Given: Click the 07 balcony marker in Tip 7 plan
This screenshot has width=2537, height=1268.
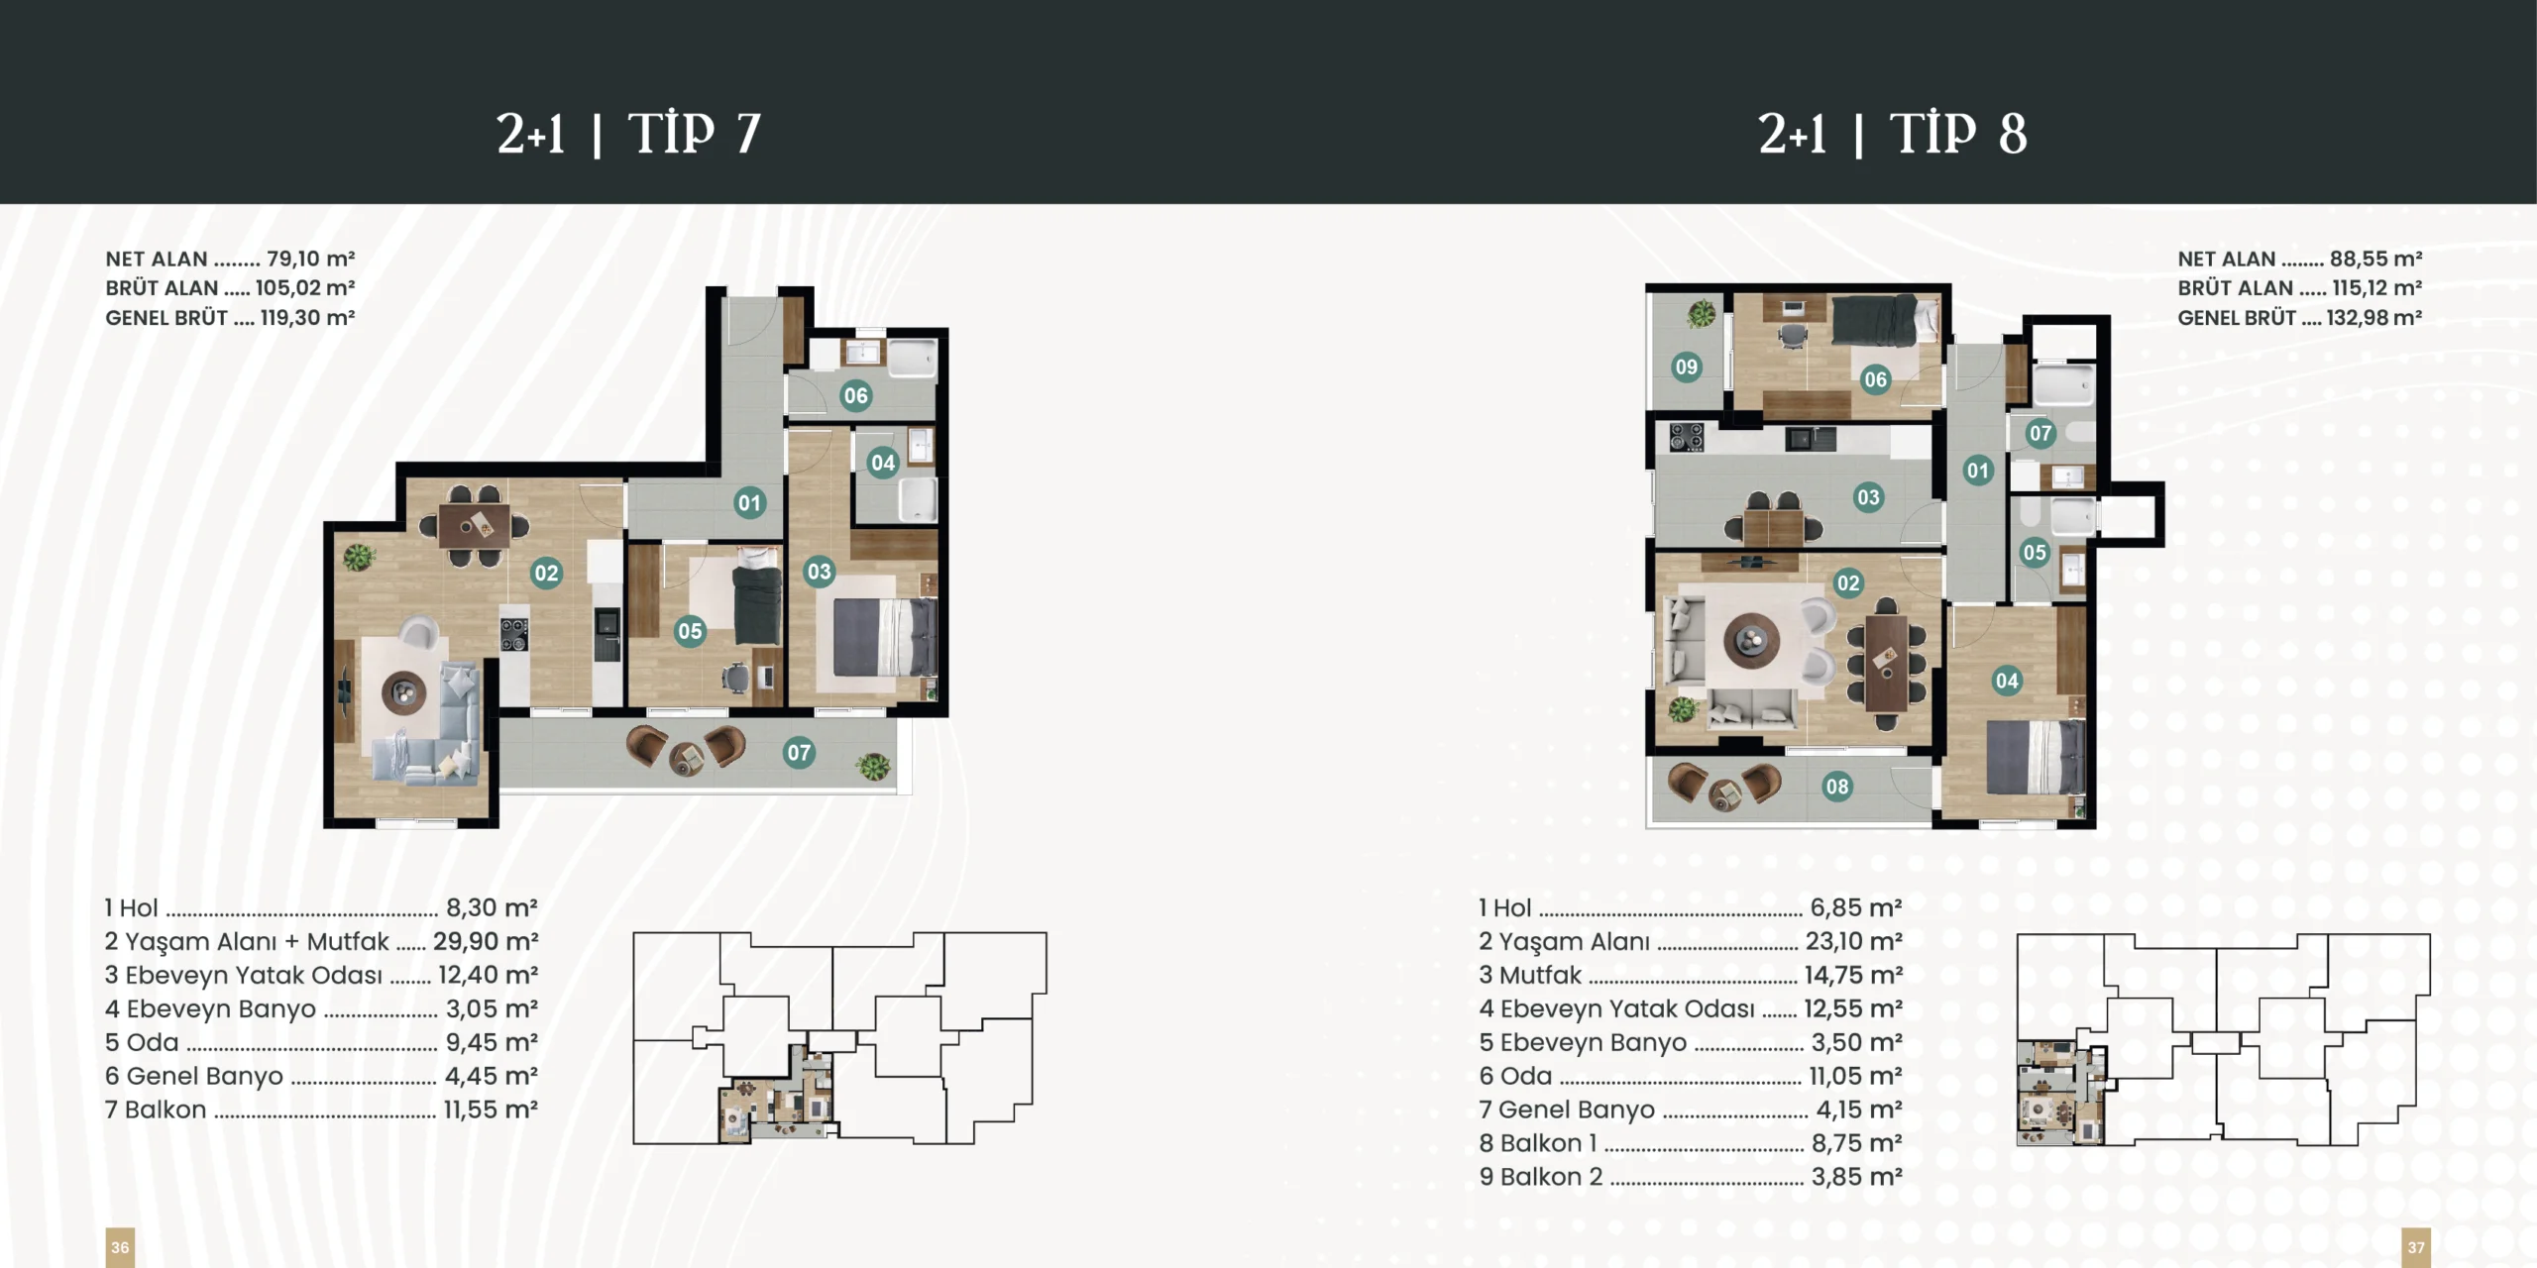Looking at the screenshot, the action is click(799, 753).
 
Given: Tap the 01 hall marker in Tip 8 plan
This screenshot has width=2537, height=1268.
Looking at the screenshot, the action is click(1977, 471).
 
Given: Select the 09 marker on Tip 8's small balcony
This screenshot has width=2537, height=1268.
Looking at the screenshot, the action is click(1686, 367).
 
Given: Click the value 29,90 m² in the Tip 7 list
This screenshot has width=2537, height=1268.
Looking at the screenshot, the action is click(486, 941).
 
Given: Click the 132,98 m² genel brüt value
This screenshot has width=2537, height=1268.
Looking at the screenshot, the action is click(2373, 318).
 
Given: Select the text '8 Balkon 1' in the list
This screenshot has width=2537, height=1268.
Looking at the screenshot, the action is click(1538, 1143).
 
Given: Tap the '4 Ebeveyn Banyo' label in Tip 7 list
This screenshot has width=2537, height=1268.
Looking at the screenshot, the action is click(210, 1009).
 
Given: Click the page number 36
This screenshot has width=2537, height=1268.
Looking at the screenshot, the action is click(120, 1247).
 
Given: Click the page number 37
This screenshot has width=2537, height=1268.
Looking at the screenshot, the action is click(2416, 1247).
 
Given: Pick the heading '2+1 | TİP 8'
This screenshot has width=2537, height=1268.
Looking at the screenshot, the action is click(1893, 134).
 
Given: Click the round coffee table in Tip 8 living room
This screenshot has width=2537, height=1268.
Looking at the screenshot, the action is click(1751, 641).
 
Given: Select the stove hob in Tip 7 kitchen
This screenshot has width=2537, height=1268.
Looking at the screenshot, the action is click(514, 635).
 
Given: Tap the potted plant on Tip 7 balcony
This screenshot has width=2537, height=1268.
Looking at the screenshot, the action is click(873, 766).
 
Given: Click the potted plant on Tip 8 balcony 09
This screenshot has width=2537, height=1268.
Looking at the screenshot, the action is click(1703, 314).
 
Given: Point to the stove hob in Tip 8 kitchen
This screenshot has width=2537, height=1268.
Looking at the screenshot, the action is click(1687, 437).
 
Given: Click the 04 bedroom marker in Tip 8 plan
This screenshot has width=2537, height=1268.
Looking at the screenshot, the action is click(2007, 681).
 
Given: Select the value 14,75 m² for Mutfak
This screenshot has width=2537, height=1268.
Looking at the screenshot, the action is click(1853, 975).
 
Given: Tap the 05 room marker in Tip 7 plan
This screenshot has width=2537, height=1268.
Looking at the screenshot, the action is click(690, 631).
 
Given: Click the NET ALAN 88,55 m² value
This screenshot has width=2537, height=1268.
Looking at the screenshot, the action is click(2375, 259).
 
